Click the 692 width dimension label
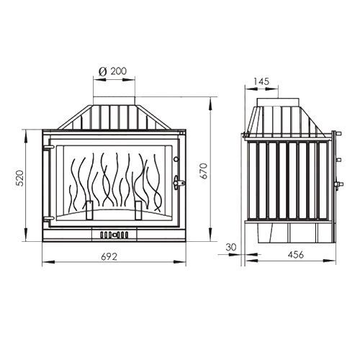(109, 256)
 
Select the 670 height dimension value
(204, 171)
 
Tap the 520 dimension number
(20, 178)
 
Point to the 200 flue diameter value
(118, 71)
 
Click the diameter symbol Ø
(102, 71)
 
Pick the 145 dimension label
(261, 81)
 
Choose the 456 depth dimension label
(296, 254)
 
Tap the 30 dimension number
(231, 247)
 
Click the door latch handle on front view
(179, 183)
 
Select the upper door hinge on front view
(48, 147)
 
